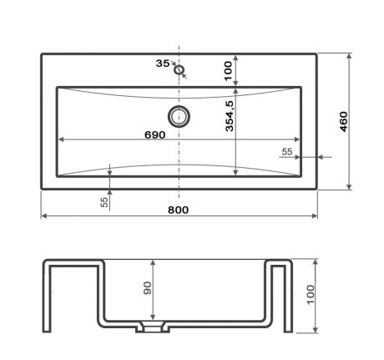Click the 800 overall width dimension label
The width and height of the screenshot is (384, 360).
[177, 210]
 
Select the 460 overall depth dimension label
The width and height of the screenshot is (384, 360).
[342, 121]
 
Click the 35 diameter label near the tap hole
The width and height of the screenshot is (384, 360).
[162, 63]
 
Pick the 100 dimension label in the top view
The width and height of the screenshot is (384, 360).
[228, 70]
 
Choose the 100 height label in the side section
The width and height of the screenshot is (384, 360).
[310, 296]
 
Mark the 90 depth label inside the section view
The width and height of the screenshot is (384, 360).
[147, 289]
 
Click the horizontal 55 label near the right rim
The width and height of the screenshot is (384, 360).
[286, 151]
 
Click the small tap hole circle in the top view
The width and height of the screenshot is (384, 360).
[179, 69]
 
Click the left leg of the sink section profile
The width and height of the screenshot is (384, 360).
[48, 297]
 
